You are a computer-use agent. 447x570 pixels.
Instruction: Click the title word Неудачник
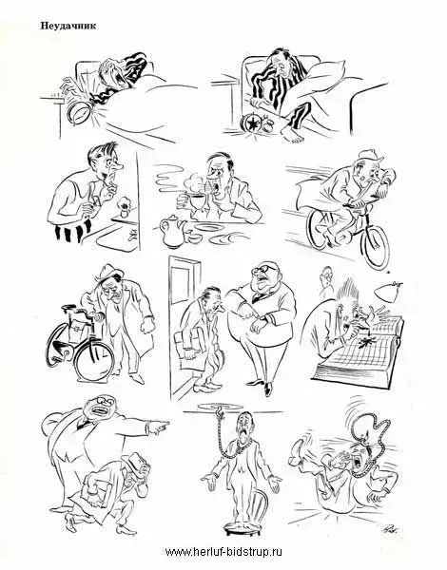[68, 26]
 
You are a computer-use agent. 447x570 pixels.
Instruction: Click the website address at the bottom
[223, 552]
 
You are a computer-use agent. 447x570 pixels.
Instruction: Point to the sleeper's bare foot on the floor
[294, 135]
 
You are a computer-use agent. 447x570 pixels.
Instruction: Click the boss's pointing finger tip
[168, 423]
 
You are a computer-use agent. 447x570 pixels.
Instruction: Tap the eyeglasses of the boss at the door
[265, 269]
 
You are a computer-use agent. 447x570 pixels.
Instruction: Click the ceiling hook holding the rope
[220, 411]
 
